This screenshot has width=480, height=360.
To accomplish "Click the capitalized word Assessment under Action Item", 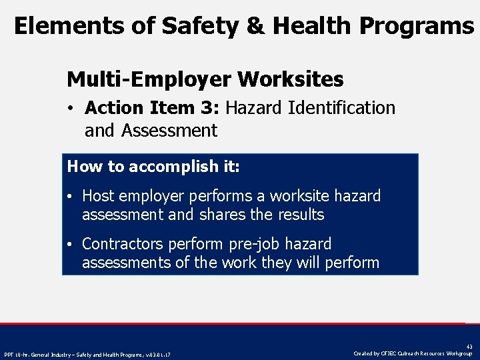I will [169, 131].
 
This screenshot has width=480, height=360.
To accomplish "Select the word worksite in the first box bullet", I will [301, 196].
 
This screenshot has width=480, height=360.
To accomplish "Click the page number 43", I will [469, 346].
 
